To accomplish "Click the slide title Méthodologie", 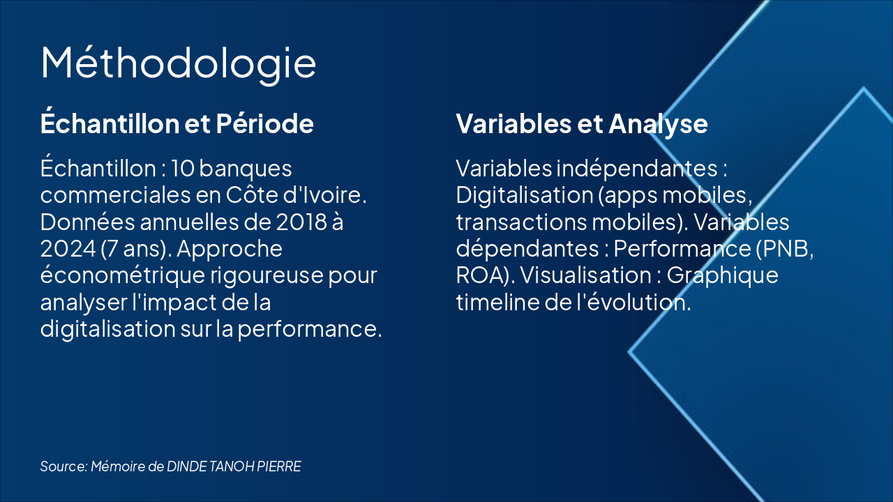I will coord(179,63).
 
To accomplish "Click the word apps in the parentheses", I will coord(632,195).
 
